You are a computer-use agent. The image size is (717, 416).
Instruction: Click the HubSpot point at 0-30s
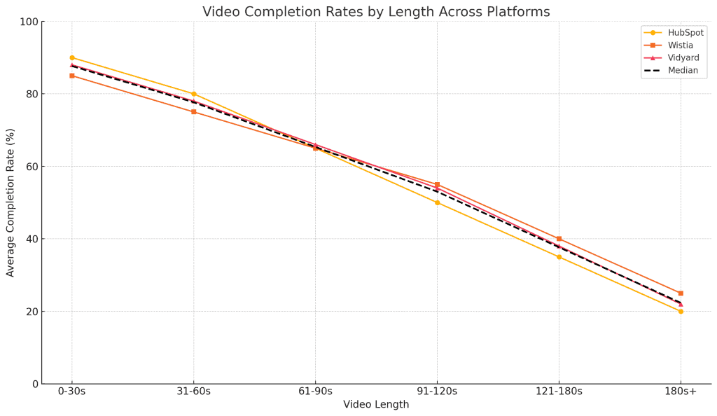point(72,58)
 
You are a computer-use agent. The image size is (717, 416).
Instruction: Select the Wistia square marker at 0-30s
point(72,76)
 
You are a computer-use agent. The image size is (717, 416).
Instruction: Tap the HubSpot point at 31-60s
point(194,94)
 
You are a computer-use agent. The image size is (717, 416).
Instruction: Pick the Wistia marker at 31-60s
point(194,112)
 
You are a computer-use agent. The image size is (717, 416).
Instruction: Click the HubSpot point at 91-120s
point(437,202)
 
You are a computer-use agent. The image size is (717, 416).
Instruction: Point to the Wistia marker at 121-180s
point(559,239)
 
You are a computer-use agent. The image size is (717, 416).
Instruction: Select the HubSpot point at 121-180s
point(559,257)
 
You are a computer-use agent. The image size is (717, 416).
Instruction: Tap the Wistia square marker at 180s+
point(681,293)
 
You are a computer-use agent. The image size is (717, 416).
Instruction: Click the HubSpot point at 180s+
point(681,311)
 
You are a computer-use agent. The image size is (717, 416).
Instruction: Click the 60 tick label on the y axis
point(31,167)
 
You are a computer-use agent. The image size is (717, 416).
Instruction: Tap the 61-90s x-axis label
point(315,391)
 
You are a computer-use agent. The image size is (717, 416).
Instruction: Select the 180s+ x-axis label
point(681,391)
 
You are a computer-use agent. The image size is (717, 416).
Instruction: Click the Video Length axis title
point(376,405)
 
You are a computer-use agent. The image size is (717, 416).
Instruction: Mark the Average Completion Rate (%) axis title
point(11,202)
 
